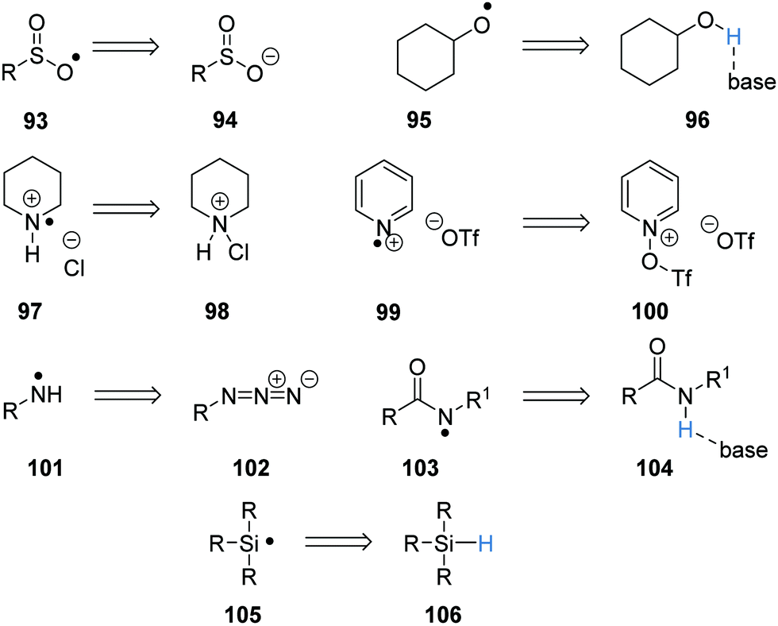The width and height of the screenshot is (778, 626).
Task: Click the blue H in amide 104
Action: (x=680, y=428)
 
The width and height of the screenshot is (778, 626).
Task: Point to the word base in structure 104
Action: (x=739, y=450)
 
